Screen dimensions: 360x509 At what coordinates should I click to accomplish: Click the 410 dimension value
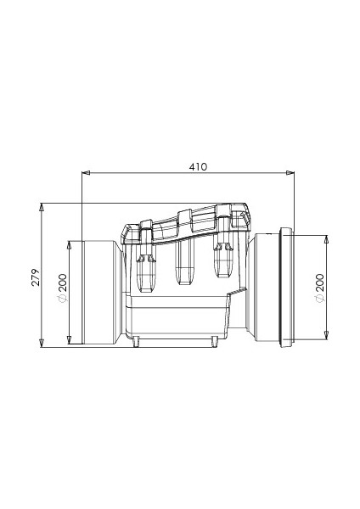(198, 166)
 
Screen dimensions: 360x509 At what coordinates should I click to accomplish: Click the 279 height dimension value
(36, 277)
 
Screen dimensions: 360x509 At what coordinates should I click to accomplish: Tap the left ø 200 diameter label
(62, 288)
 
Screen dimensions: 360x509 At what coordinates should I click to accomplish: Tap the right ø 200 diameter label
(319, 288)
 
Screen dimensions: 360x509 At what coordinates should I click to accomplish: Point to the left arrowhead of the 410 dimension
(86, 173)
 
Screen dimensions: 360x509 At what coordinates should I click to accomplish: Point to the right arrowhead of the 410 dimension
(290, 173)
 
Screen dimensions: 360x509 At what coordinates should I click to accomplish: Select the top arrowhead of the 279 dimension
(42, 207)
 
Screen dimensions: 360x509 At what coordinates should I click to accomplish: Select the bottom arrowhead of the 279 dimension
(42, 344)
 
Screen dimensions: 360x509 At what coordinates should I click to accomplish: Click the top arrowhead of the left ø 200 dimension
(69, 245)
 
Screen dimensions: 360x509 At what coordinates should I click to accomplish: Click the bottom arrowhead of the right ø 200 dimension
(327, 335)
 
